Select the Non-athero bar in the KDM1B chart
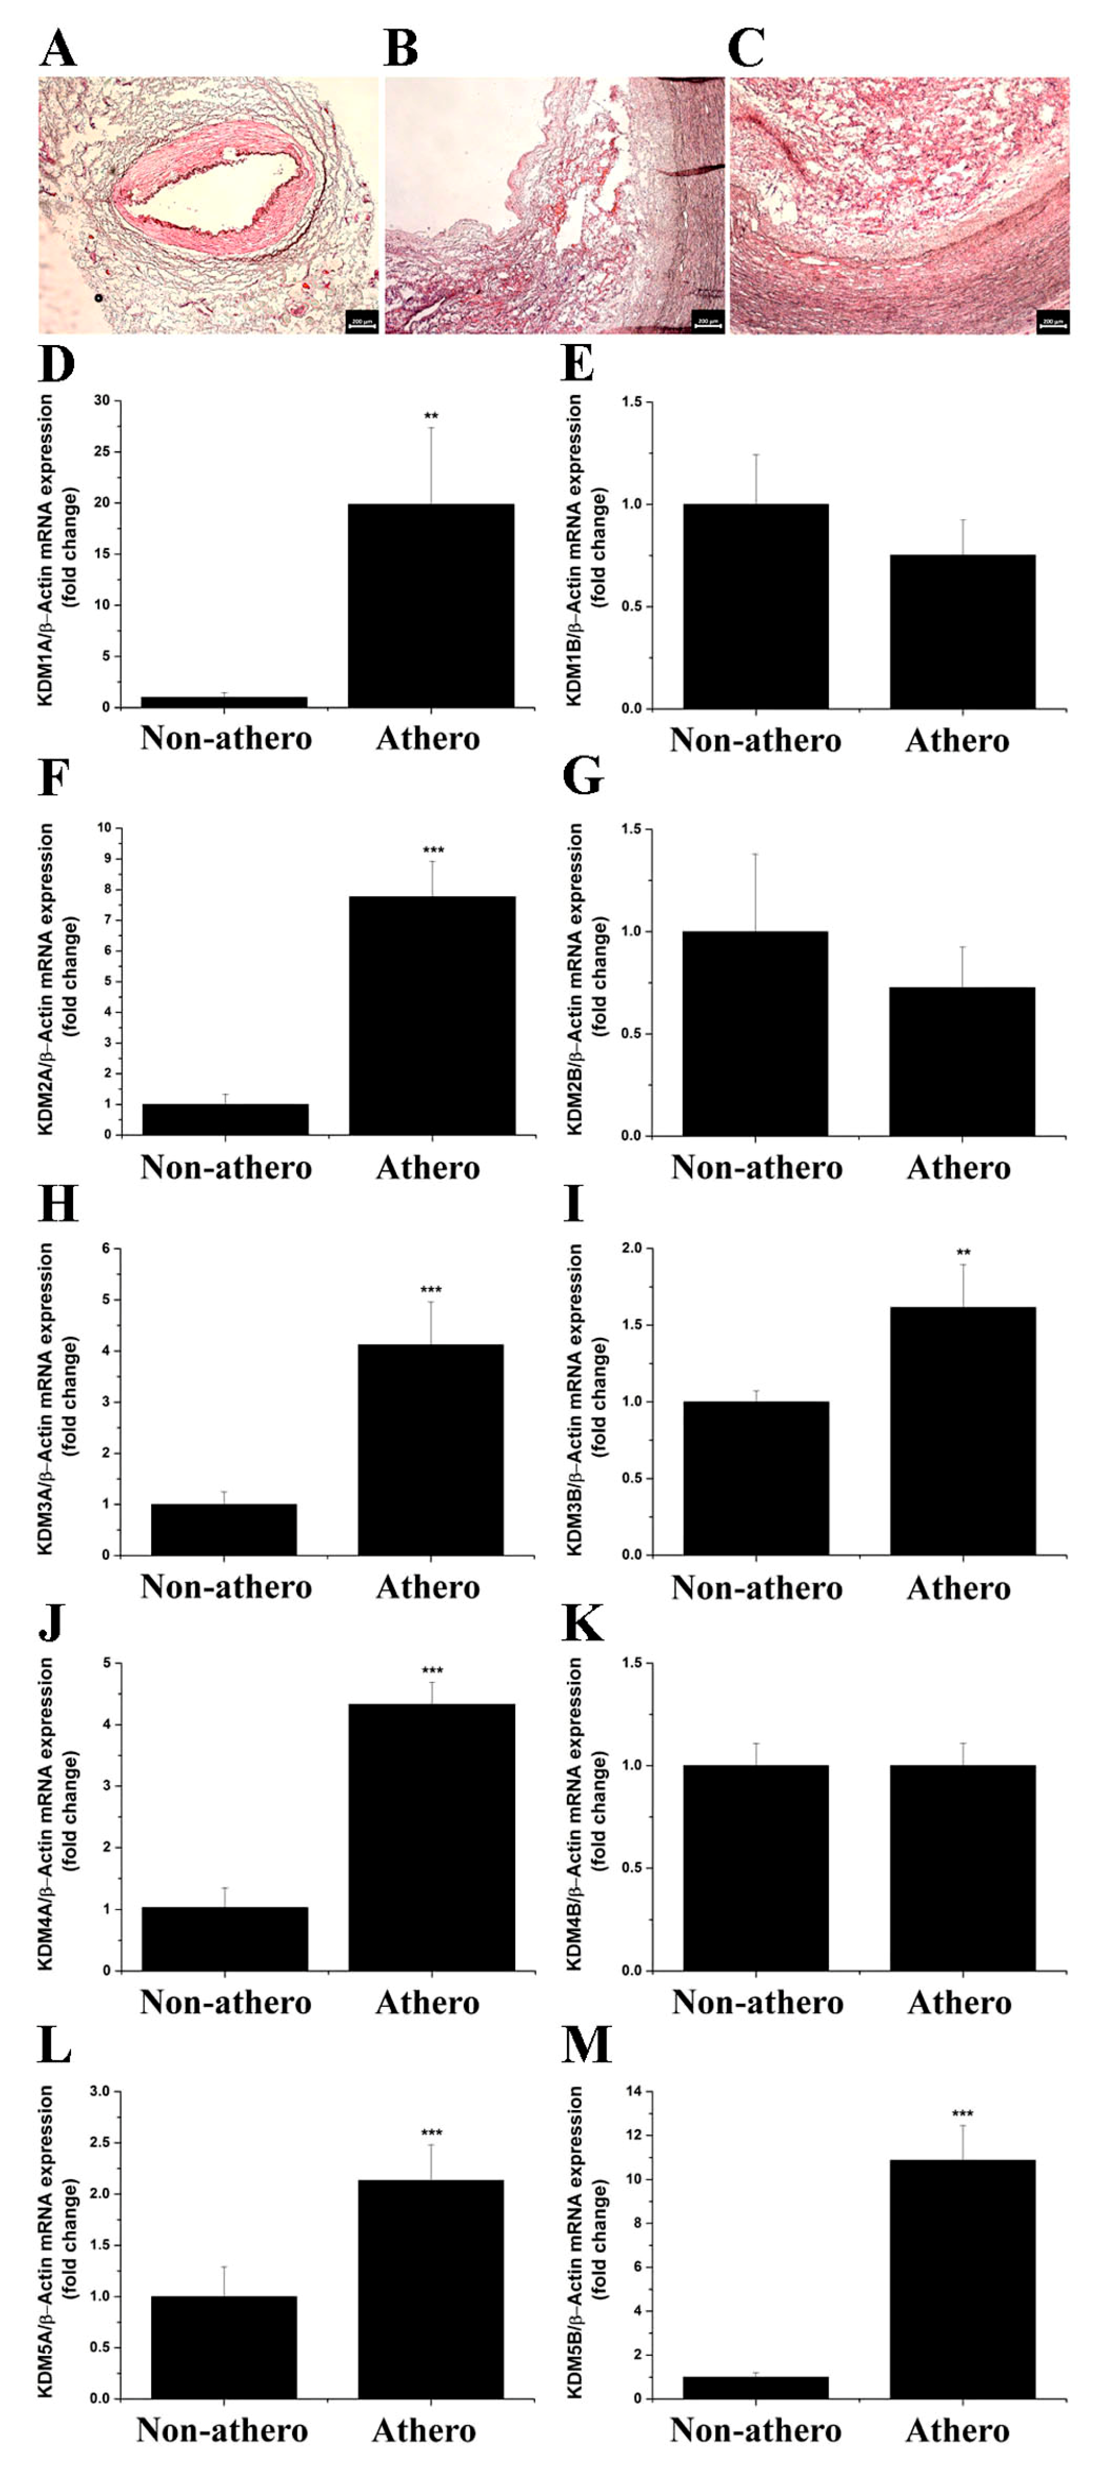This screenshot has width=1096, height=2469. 756,606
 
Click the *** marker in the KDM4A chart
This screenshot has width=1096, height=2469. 432,1671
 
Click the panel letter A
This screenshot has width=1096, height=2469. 58,48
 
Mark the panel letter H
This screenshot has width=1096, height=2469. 58,1203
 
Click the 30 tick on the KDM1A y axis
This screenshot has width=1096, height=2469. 102,401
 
